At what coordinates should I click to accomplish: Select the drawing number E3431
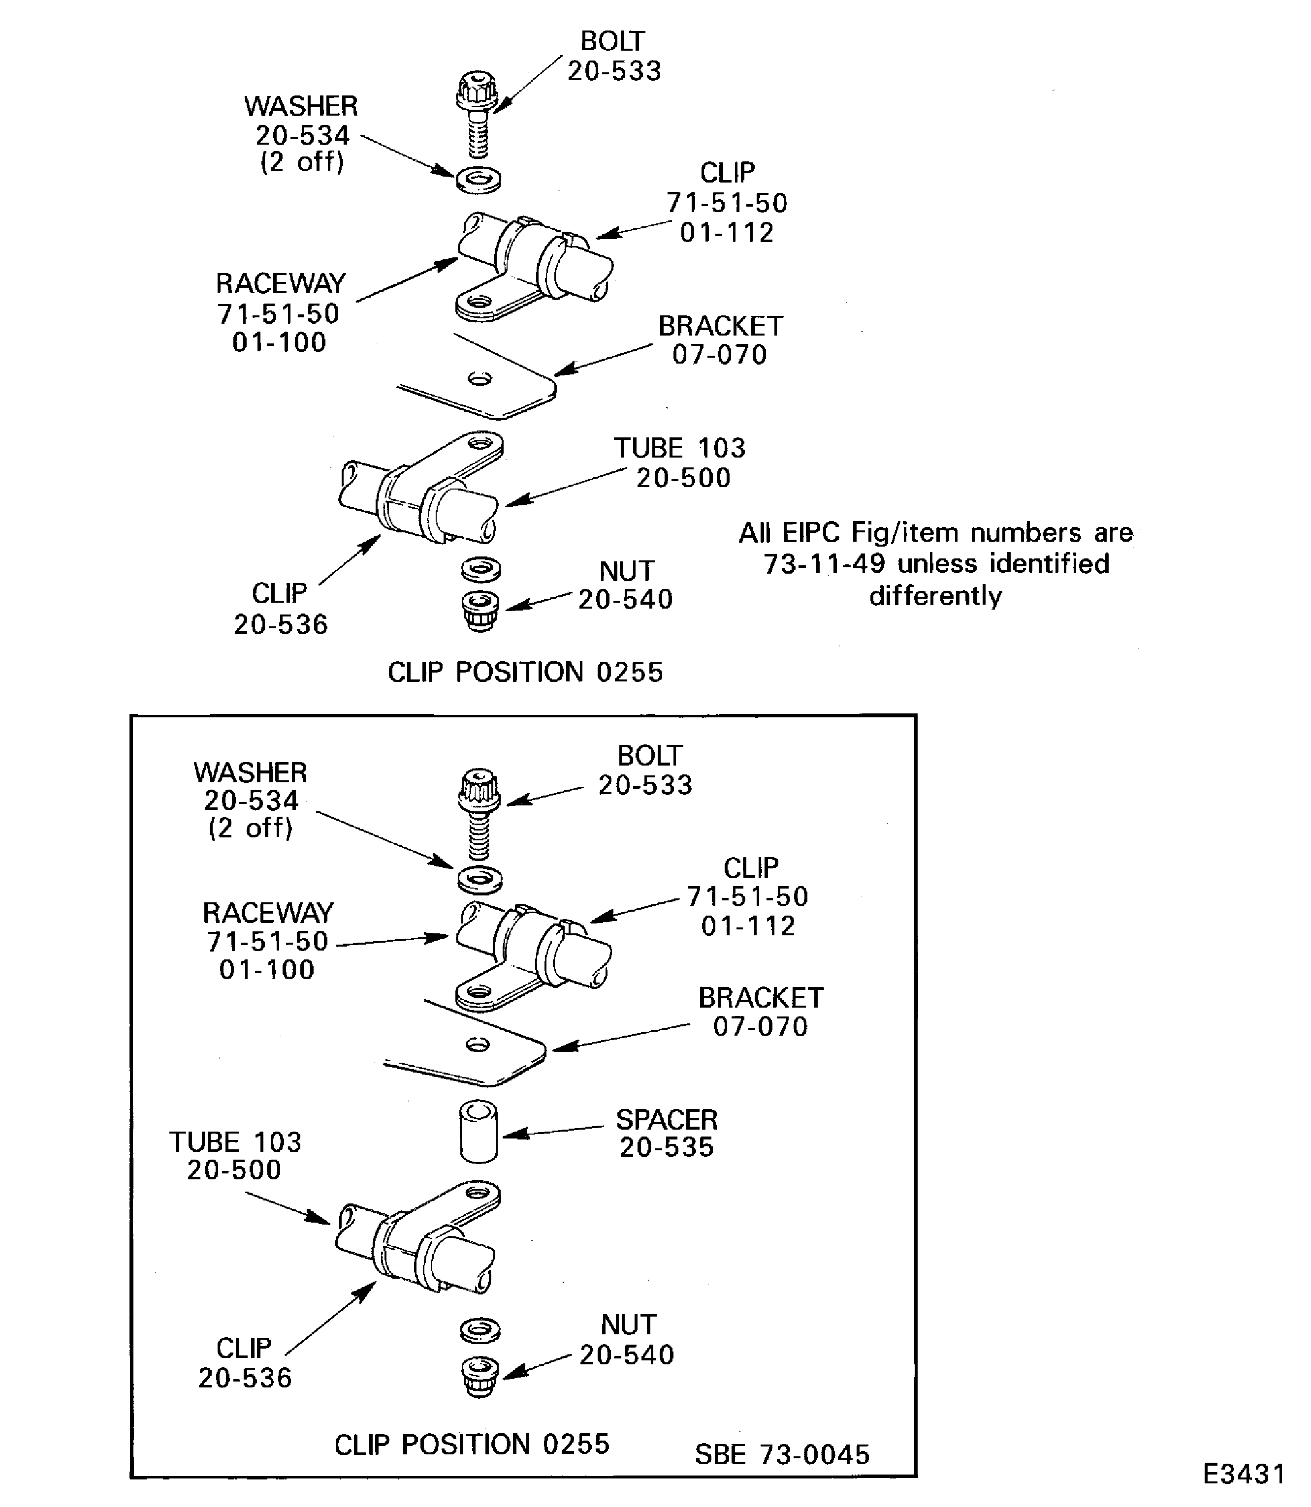coord(1244,1474)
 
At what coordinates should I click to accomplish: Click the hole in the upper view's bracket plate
coord(480,379)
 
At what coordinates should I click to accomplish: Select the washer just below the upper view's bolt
coord(479,179)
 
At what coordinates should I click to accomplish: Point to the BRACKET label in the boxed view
coord(760,997)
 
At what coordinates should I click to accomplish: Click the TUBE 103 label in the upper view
coord(679,448)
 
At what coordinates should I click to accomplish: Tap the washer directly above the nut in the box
coord(480,1328)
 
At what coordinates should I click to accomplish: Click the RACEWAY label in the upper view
coord(280,284)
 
